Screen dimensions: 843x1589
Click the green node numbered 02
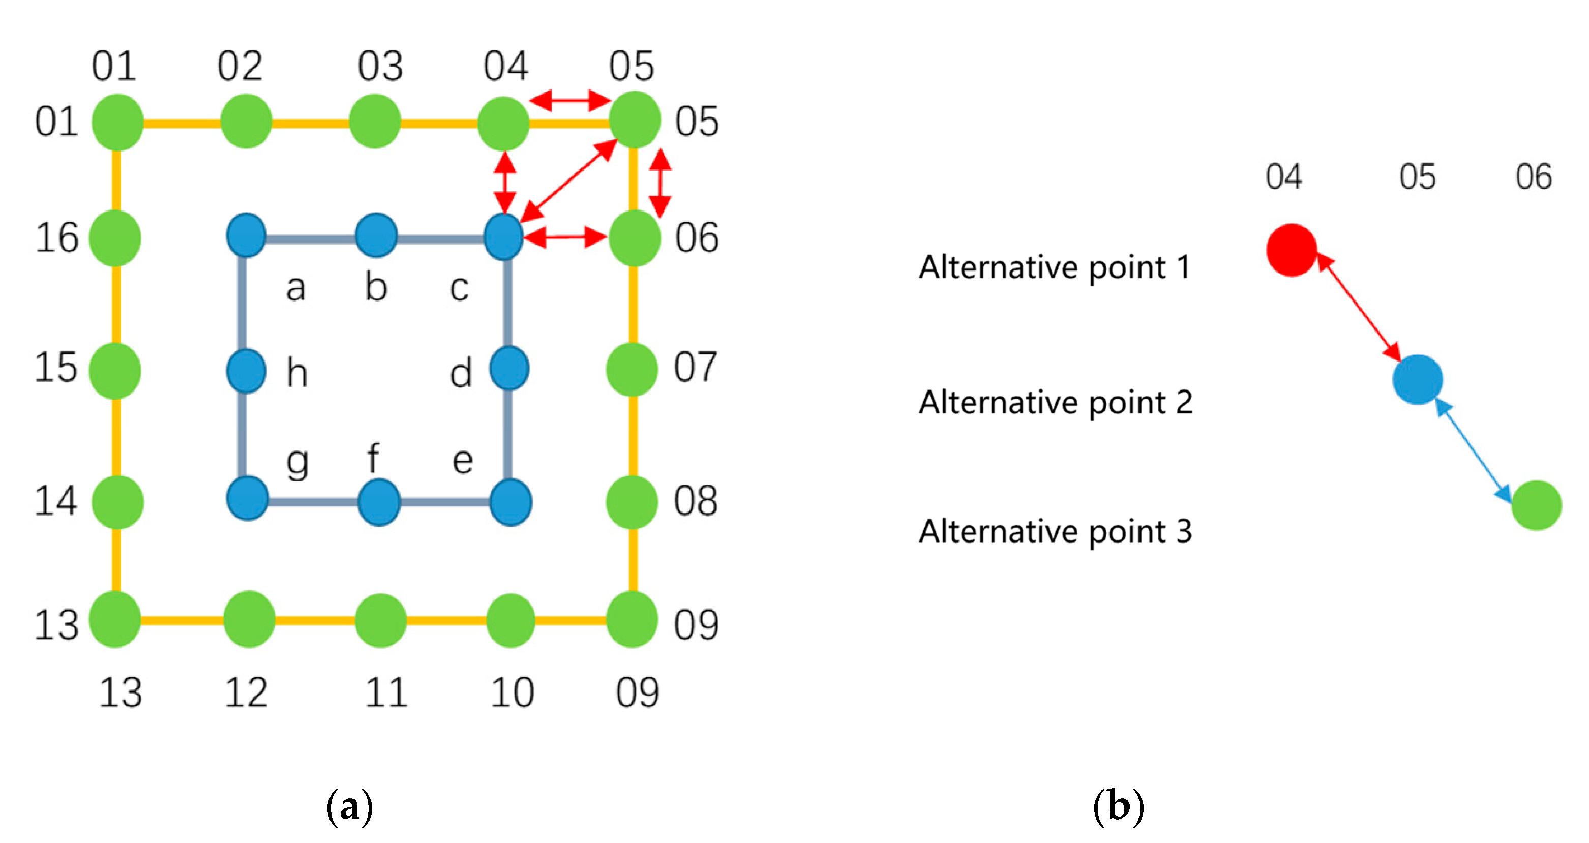(246, 122)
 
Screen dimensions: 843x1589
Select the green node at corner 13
(115, 619)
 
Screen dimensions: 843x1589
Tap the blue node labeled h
(246, 371)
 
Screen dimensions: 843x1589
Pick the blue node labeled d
(509, 369)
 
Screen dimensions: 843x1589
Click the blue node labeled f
(379, 502)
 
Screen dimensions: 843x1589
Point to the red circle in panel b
(1291, 250)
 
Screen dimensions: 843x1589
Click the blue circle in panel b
(1417, 379)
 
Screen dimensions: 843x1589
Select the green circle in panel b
(1536, 505)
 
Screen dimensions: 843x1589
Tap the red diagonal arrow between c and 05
(568, 180)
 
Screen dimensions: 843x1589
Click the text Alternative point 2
(1055, 403)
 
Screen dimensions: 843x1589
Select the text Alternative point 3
(1055, 531)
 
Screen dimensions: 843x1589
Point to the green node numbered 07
(632, 370)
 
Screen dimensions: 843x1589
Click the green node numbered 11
(380, 620)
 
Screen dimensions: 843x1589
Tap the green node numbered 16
(115, 238)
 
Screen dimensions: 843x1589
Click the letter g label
(297, 463)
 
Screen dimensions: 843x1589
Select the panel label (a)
(350, 806)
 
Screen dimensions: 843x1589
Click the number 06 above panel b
(1534, 177)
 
